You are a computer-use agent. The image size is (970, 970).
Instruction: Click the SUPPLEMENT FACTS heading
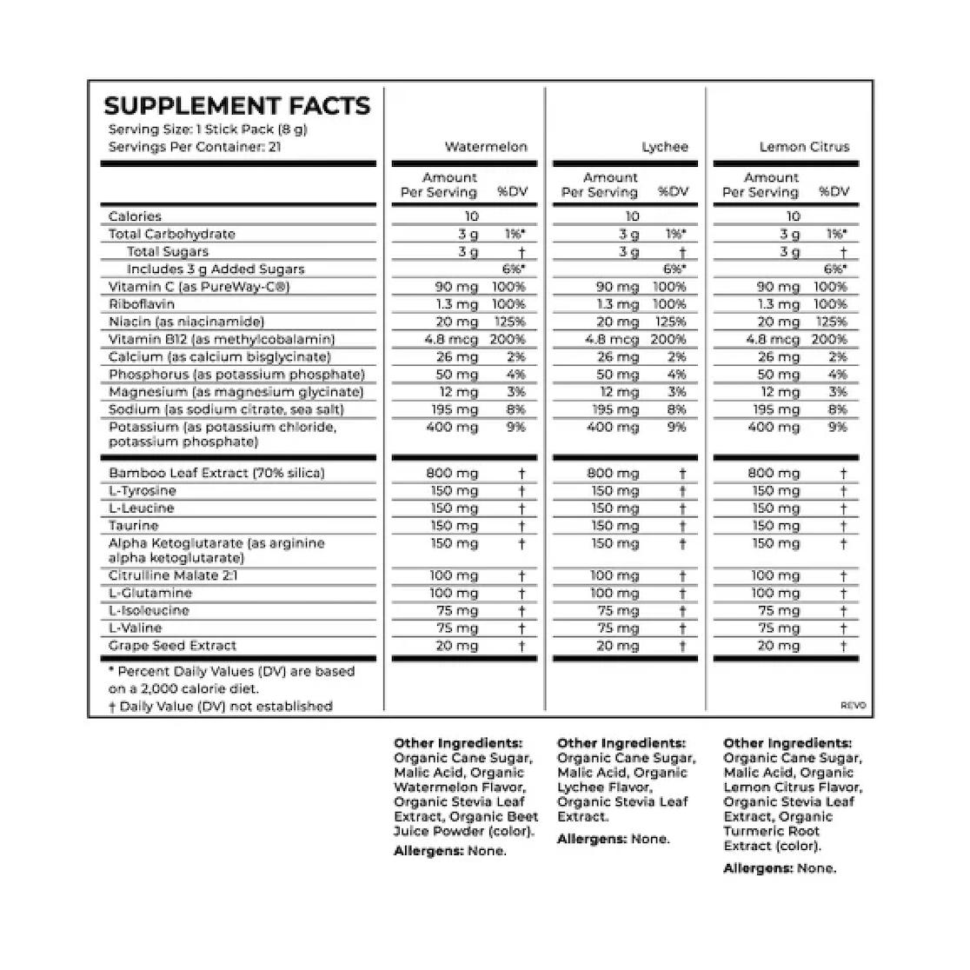point(236,106)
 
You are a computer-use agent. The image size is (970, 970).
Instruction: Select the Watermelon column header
point(486,147)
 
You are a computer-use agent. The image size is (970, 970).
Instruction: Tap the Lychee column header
point(665,147)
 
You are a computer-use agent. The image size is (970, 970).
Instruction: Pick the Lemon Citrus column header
point(804,147)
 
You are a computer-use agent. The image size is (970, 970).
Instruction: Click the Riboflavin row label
point(142,304)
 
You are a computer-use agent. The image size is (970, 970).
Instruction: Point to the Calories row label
point(135,216)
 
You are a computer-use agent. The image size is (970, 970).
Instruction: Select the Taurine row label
point(134,526)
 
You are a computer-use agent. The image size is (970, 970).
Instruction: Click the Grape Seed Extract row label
point(172,646)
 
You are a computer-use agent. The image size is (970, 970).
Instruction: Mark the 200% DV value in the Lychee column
point(669,339)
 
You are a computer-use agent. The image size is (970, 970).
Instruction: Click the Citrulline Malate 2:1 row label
point(174,575)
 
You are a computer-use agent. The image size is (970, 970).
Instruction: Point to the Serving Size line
point(208,130)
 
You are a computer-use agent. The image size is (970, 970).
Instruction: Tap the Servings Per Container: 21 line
point(196,147)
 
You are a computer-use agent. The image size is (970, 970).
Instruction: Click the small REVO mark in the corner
point(854,706)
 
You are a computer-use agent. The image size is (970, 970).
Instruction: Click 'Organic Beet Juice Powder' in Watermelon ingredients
point(465,824)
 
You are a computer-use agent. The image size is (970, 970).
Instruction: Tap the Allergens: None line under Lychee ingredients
point(613,839)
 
